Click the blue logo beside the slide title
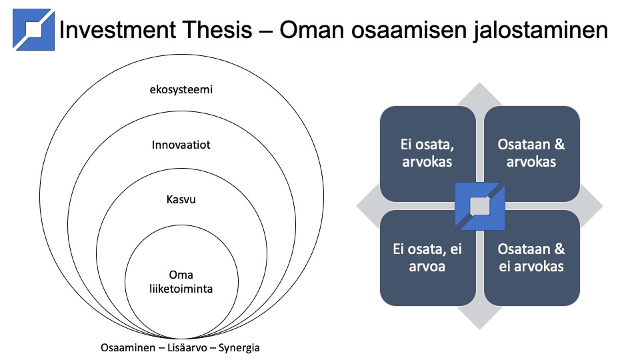pyautogui.click(x=33, y=29)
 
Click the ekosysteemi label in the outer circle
pyautogui.click(x=181, y=89)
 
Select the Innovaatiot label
pyautogui.click(x=181, y=145)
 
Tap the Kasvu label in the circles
pyautogui.click(x=181, y=199)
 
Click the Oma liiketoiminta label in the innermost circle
pyautogui.click(x=181, y=281)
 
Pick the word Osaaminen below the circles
pyautogui.click(x=128, y=348)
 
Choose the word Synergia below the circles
pyautogui.click(x=239, y=348)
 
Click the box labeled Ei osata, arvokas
pyautogui.click(x=427, y=153)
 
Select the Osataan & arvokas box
pyautogui.click(x=531, y=153)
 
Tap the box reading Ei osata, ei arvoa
pyautogui.click(x=427, y=258)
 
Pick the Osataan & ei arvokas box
pyautogui.click(x=531, y=258)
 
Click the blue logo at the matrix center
pyautogui.click(x=479, y=206)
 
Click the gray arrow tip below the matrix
pyautogui.click(x=479, y=329)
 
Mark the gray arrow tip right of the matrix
pyautogui.click(x=603, y=206)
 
